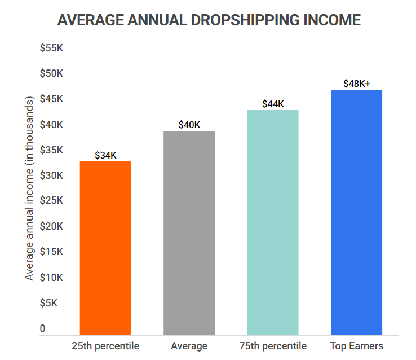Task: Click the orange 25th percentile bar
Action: [105, 248]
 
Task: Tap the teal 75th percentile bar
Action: [273, 222]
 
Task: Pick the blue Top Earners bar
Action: [356, 212]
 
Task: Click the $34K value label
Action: [105, 155]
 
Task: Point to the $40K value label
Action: [189, 125]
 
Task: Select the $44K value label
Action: [273, 104]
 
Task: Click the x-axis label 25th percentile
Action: [105, 346]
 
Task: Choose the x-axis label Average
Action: [189, 346]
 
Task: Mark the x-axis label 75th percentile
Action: [273, 346]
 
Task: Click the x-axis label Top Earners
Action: [356, 346]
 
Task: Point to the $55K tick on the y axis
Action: [51, 49]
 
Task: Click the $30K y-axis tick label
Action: [51, 175]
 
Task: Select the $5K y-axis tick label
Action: [48, 303]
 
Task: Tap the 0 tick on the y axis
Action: [42, 328]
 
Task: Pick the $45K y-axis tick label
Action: [51, 99]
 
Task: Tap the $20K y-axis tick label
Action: [51, 227]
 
